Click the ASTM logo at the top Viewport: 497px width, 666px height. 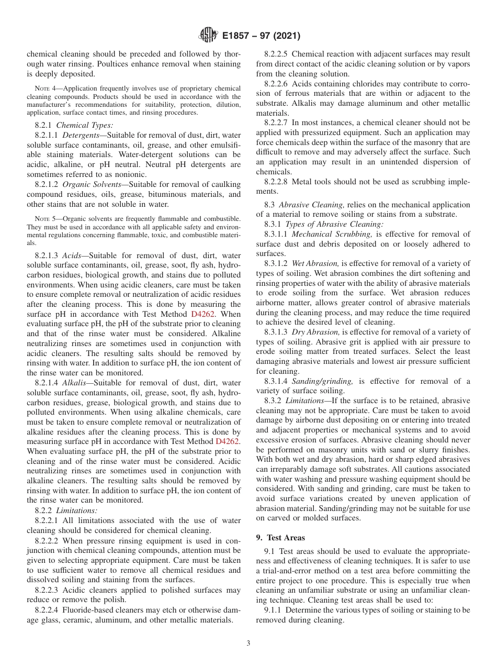point(208,36)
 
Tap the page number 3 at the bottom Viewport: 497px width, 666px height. point(248,643)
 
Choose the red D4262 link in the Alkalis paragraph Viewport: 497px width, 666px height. point(228,441)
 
